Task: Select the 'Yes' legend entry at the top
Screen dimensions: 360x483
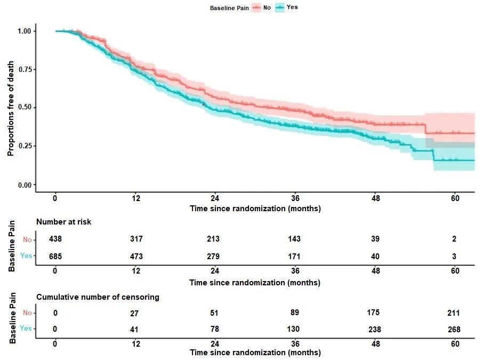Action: click(292, 7)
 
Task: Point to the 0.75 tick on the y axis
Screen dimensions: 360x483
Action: click(25, 69)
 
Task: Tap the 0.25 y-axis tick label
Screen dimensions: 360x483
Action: click(25, 146)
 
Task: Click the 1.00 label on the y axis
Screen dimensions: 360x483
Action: click(25, 31)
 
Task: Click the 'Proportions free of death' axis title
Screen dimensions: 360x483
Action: click(11, 108)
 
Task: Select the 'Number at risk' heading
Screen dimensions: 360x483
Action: click(63, 222)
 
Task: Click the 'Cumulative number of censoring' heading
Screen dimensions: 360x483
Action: click(98, 297)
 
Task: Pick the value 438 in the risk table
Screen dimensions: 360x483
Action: click(55, 239)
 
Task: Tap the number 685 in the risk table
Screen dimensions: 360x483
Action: click(55, 257)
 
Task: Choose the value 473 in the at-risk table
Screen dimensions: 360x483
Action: click(136, 257)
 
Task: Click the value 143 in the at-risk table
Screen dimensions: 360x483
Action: click(295, 239)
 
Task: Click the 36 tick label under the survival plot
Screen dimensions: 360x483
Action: click(295, 198)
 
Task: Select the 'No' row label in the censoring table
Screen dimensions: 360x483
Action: click(28, 313)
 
